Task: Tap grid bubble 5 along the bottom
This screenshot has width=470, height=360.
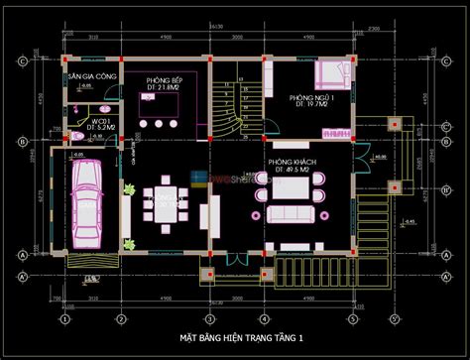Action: pyautogui.click(x=352, y=319)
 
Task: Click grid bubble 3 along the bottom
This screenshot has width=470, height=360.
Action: pyautogui.click(x=210, y=319)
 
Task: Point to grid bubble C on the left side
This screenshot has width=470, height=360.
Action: pyautogui.click(x=21, y=61)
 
